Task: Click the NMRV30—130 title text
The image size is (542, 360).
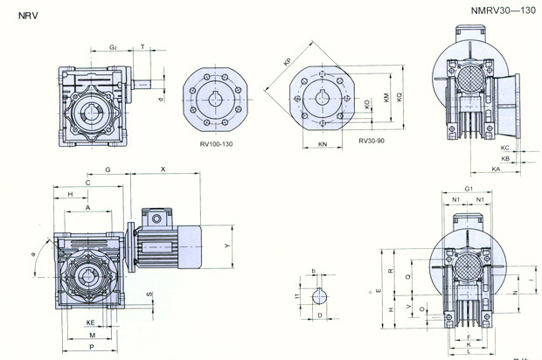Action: tap(502, 10)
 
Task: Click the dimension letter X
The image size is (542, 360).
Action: tap(163, 168)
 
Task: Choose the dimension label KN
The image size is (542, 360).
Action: tap(323, 144)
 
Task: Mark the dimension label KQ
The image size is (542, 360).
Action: tap(399, 98)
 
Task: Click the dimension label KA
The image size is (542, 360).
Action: tap(496, 169)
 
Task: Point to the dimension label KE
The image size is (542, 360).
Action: tap(90, 322)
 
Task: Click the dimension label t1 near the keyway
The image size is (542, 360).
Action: tap(297, 296)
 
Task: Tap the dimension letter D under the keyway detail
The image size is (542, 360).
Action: tap(320, 315)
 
